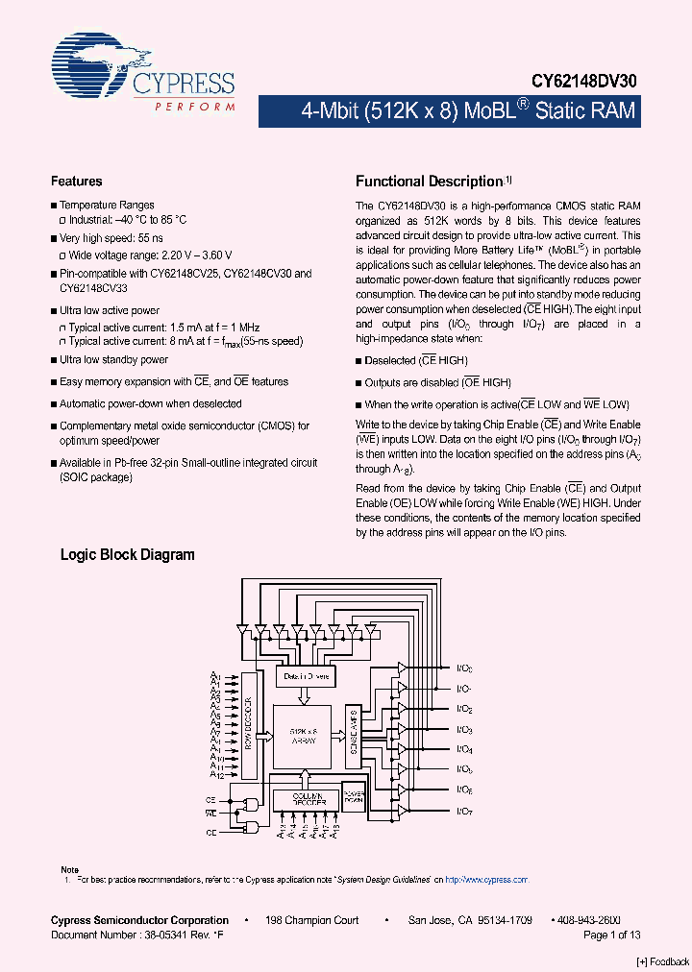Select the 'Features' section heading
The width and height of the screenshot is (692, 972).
click(76, 181)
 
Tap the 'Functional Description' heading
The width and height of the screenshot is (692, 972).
click(430, 182)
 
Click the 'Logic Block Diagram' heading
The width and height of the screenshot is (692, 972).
click(127, 555)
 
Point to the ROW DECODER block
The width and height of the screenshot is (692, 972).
click(249, 723)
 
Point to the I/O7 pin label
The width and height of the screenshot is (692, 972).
click(464, 813)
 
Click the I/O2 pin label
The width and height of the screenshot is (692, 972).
click(464, 710)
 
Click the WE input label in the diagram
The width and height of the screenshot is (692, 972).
click(210, 813)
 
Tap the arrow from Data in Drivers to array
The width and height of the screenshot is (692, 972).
click(303, 695)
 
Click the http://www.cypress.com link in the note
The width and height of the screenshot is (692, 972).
click(488, 879)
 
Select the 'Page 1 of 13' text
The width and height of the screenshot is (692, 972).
click(612, 935)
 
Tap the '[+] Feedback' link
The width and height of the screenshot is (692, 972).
click(663, 962)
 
